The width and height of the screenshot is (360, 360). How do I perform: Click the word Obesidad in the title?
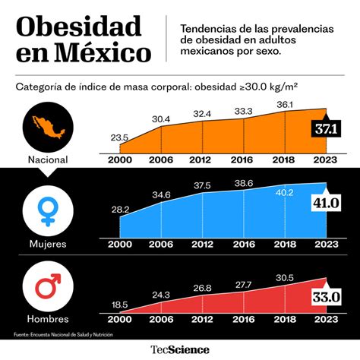(78, 27)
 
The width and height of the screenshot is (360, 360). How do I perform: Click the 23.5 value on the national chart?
(119, 137)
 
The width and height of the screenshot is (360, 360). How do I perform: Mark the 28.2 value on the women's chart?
(119, 209)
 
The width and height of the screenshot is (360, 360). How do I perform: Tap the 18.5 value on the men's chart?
(119, 304)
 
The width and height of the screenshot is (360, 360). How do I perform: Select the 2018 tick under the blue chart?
(285, 244)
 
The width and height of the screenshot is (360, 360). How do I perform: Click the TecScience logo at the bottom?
(180, 350)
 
